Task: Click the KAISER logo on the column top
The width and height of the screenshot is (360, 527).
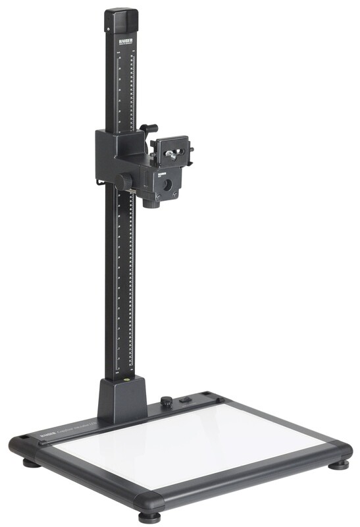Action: point(124,41)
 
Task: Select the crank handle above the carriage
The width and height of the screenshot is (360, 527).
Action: point(151,128)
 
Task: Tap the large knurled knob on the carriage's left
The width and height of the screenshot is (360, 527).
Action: point(124,180)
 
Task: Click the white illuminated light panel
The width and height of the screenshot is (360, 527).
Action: point(191,448)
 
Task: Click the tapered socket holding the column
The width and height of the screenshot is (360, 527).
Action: point(122,402)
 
